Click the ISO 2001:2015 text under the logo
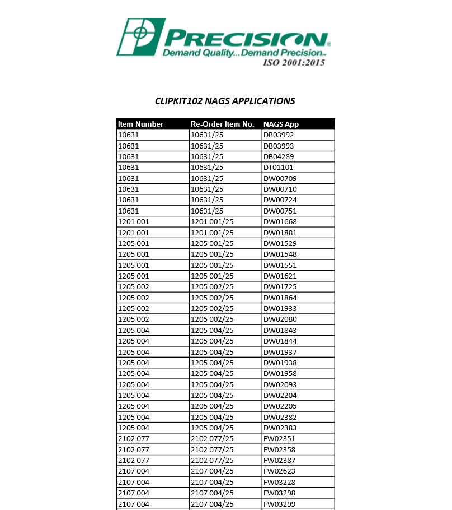click(294, 62)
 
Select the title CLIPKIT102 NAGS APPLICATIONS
click(225, 101)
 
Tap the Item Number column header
click(141, 124)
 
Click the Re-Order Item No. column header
click(223, 124)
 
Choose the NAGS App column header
click(281, 124)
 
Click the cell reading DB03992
click(279, 135)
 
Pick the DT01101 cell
click(279, 168)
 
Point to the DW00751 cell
click(280, 211)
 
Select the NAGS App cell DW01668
click(280, 222)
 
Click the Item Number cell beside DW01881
click(134, 233)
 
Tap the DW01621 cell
click(280, 276)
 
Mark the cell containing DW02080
click(280, 319)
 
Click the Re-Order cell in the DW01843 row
click(213, 331)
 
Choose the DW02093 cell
click(280, 385)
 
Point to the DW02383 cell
click(280, 428)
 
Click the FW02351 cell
click(280, 439)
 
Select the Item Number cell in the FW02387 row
click(134, 461)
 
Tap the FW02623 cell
click(280, 471)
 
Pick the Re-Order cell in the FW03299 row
click(213, 504)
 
